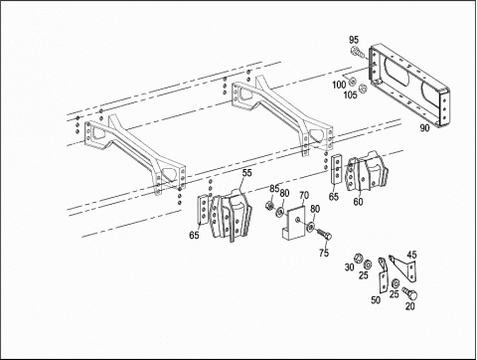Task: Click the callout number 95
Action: coord(354,40)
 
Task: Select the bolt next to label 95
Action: coord(358,53)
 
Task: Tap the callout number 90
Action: coord(424,127)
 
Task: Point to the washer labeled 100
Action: coord(352,82)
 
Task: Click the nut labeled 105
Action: coord(363,89)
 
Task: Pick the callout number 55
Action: coord(246,173)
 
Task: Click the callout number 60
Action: coord(358,202)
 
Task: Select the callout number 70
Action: coord(304,195)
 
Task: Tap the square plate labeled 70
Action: coord(294,222)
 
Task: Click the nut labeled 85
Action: coord(269,206)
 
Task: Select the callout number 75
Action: coord(324,253)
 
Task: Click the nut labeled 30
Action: coord(357,258)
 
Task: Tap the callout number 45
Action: coord(411,255)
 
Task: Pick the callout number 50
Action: coord(376,300)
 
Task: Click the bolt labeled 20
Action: coord(409,293)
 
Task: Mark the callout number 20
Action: coord(410,306)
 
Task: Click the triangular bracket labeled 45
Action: coord(405,268)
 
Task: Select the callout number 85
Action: coord(274,189)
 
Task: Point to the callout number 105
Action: coord(350,95)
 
